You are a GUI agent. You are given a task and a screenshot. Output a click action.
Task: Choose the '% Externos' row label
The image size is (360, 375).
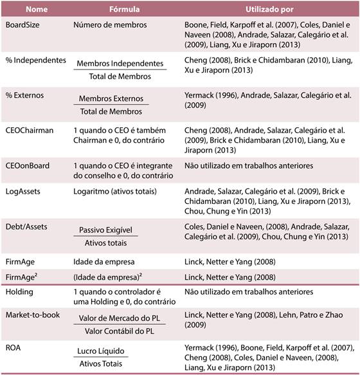tap(26, 95)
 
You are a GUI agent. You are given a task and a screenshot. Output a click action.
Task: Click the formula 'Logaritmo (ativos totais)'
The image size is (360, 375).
tap(120, 191)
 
